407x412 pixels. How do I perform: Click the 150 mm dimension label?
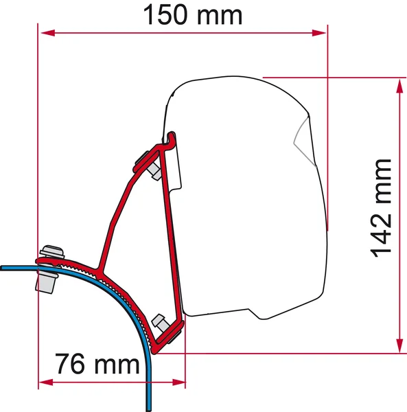click(193, 15)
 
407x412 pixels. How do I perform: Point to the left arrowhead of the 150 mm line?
click(45, 32)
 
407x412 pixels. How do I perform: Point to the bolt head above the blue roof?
click(50, 252)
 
